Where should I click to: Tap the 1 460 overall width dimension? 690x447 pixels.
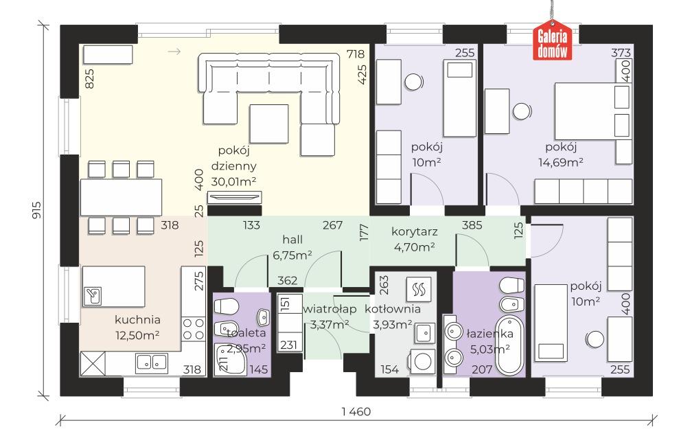point(356,412)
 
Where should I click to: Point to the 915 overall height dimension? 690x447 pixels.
point(37,210)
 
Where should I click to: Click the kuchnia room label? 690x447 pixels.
point(137,319)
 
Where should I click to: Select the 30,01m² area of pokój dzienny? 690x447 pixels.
point(233,181)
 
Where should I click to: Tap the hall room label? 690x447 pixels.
point(292,240)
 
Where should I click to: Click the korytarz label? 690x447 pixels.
point(414,231)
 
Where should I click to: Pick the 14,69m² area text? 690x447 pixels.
point(561,162)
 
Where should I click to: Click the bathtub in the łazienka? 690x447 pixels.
point(510,347)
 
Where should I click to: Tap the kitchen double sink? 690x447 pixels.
point(151,363)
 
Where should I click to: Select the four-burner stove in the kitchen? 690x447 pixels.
point(193,329)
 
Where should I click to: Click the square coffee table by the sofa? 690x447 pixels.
point(269,124)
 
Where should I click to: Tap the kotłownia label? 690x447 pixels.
point(393,309)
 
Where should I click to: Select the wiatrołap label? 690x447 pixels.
point(330,309)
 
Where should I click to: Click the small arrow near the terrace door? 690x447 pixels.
point(174,52)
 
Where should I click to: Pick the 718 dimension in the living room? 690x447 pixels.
point(356,54)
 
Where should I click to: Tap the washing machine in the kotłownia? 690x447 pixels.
point(422,362)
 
